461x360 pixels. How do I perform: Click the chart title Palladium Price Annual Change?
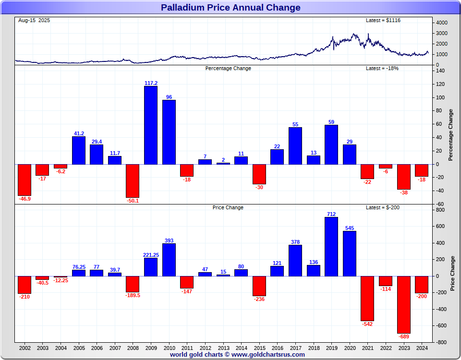coord(230,7)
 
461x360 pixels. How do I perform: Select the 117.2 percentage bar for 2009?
coord(151,125)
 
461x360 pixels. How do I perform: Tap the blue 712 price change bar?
coord(331,247)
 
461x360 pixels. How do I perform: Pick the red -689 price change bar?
coord(403,304)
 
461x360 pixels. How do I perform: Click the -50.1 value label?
coord(133,201)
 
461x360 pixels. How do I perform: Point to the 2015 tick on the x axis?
coord(259,347)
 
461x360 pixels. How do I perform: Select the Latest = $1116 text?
coord(383,20)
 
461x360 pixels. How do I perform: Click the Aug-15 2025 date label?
coord(34,20)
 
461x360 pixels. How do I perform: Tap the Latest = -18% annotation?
coord(382,68)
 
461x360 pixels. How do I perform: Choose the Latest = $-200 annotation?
coord(382,207)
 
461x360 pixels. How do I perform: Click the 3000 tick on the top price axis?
coord(442,33)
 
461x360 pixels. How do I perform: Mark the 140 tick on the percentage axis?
coord(440,71)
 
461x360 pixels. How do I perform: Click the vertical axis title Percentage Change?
coord(451,135)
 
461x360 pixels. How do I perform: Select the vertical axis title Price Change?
coord(452,274)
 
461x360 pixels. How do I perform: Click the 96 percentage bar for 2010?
coord(169,132)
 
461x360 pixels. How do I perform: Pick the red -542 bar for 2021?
coord(367,298)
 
